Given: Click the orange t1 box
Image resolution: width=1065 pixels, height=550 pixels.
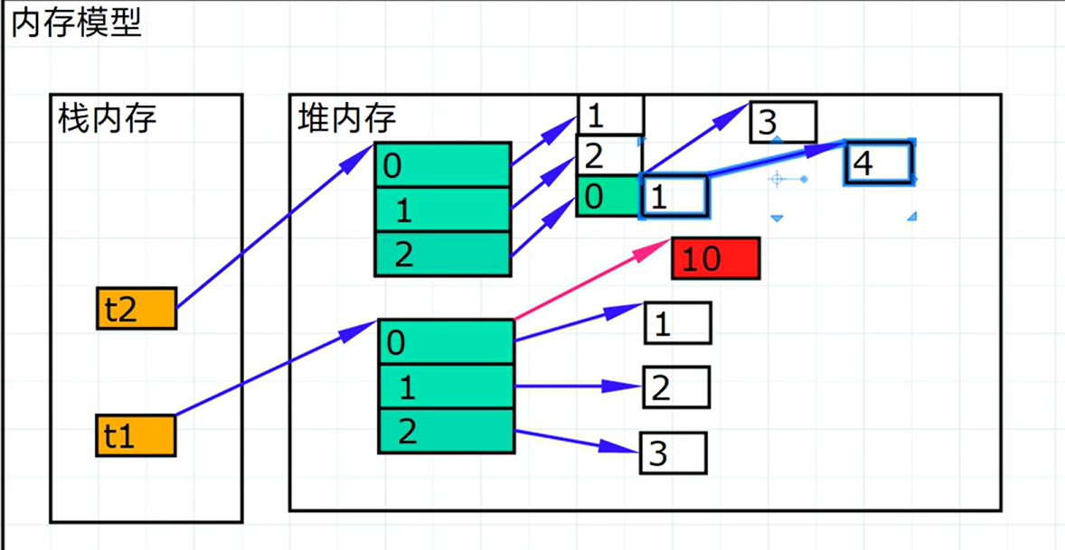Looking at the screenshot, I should (x=136, y=436).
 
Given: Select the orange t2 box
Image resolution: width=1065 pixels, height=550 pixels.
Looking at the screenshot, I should (x=136, y=309).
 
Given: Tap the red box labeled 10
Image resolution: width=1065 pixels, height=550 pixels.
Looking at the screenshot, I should (x=715, y=259).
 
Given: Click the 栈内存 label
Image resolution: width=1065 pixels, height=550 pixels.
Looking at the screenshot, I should (x=107, y=118).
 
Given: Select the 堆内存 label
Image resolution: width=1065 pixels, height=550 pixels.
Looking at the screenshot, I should (x=346, y=118).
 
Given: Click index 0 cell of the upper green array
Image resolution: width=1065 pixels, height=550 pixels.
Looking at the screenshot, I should (x=442, y=165).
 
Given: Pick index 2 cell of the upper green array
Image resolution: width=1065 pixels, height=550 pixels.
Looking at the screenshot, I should (x=442, y=254).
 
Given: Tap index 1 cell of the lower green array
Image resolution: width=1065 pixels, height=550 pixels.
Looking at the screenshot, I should (x=446, y=387).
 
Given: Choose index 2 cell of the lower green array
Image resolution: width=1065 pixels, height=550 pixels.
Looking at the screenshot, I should (x=446, y=431).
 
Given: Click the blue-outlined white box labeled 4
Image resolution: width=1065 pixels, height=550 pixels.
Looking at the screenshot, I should (x=878, y=163).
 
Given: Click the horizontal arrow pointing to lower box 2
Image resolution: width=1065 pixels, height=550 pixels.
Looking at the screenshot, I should (x=579, y=387).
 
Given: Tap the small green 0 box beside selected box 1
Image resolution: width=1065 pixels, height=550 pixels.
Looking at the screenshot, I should (x=607, y=197).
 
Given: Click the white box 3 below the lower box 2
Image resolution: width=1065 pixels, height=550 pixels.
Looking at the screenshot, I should (x=673, y=452).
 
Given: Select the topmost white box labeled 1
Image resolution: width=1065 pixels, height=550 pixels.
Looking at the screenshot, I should (x=610, y=115).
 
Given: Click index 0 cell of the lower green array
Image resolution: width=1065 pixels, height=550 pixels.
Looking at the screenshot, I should (x=446, y=342).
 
